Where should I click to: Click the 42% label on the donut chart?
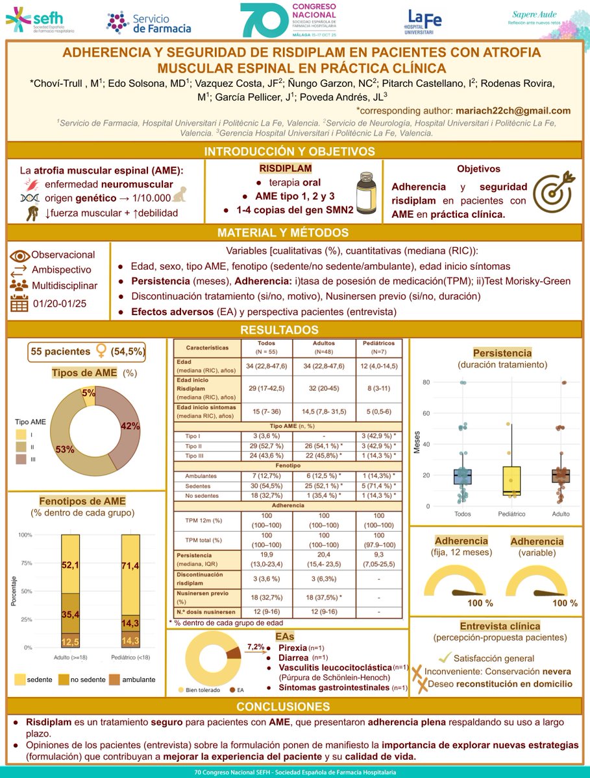click(x=129, y=426)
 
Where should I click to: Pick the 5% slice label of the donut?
click(x=88, y=392)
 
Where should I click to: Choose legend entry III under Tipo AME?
click(x=21, y=459)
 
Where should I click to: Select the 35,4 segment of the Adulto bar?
click(x=70, y=613)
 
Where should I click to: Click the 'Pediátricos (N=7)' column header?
click(x=379, y=347)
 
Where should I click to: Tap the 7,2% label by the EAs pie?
click(x=256, y=646)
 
